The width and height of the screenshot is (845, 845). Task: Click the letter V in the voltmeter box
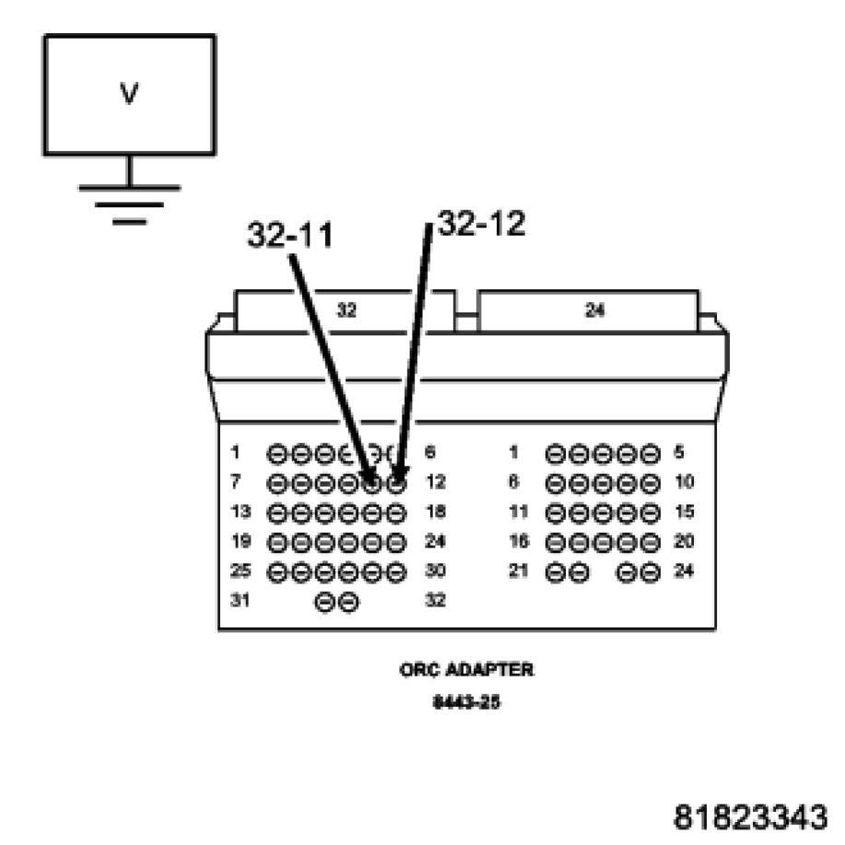[x=129, y=93]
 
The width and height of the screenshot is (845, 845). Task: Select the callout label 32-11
[x=289, y=236]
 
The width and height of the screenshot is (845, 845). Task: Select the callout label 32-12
[x=481, y=224]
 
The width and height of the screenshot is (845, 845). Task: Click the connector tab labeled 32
[x=346, y=311]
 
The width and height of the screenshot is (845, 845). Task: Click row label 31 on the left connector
[x=240, y=601]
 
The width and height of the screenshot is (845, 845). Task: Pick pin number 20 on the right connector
[x=684, y=541]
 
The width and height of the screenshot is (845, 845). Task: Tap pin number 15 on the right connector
[x=684, y=511]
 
